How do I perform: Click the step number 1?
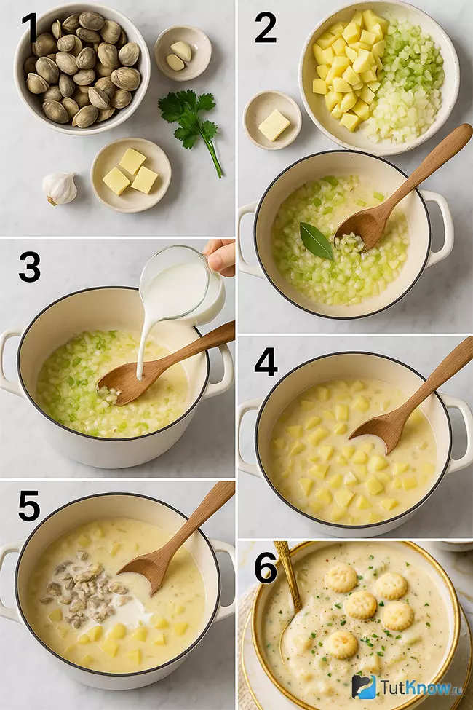(30, 28)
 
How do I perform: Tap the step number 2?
(266, 28)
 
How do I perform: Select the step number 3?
(29, 267)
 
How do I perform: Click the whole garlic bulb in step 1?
(59, 188)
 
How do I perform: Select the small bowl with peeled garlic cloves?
(183, 53)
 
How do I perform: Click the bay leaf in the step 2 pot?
(317, 241)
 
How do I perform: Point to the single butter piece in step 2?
(274, 125)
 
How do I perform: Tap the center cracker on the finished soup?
(360, 605)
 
